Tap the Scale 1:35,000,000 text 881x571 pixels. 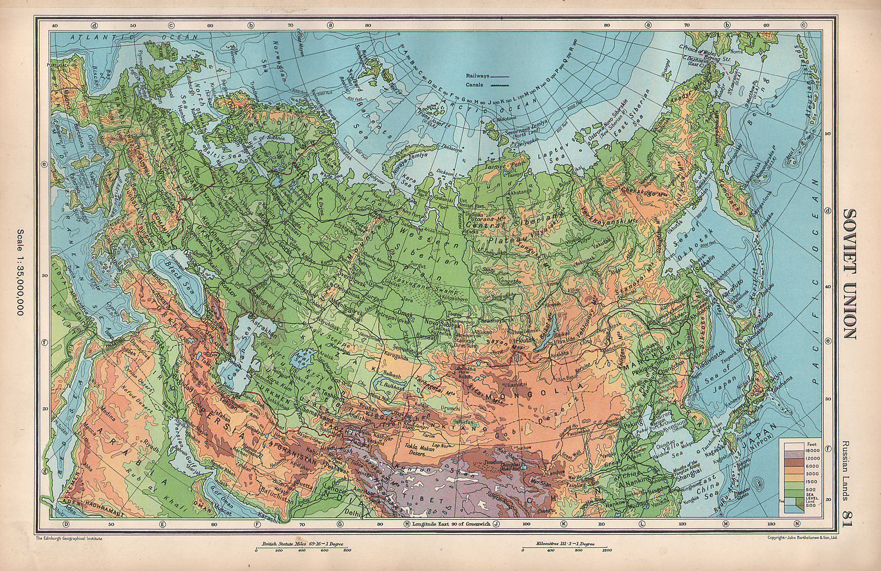coord(21,271)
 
